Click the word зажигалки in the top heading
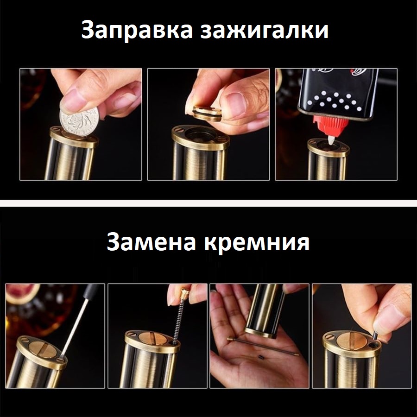265,30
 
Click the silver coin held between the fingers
79,122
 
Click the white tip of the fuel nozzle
331,139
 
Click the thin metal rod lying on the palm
263,346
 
